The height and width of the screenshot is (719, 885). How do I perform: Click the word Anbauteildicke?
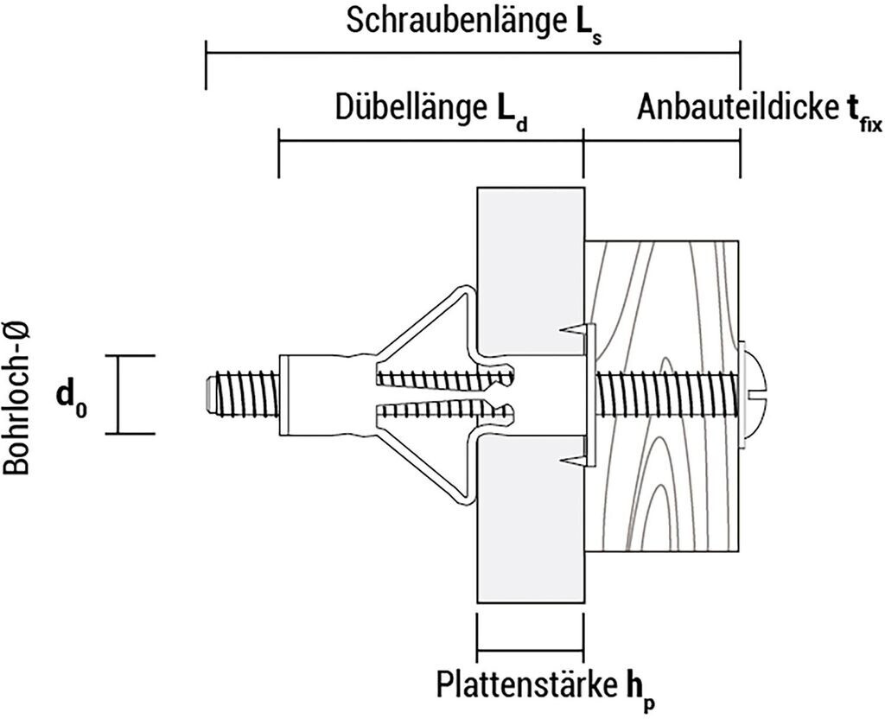(735, 108)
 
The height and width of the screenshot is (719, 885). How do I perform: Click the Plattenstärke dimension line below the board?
(529, 649)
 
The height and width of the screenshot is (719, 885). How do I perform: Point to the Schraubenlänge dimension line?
(472, 53)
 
